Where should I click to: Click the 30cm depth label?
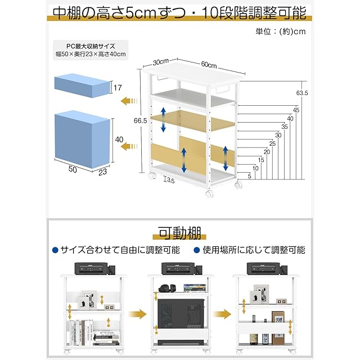(x=161, y=62)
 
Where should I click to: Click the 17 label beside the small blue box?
(x=117, y=88)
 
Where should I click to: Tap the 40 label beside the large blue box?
(x=119, y=139)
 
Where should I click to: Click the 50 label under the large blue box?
(x=73, y=168)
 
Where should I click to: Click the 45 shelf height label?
(x=296, y=110)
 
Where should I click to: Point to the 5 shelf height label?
(x=249, y=175)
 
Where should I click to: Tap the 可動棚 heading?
(x=179, y=232)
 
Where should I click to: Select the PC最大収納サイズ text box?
(x=90, y=50)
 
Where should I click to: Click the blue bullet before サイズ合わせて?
(x=55, y=250)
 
